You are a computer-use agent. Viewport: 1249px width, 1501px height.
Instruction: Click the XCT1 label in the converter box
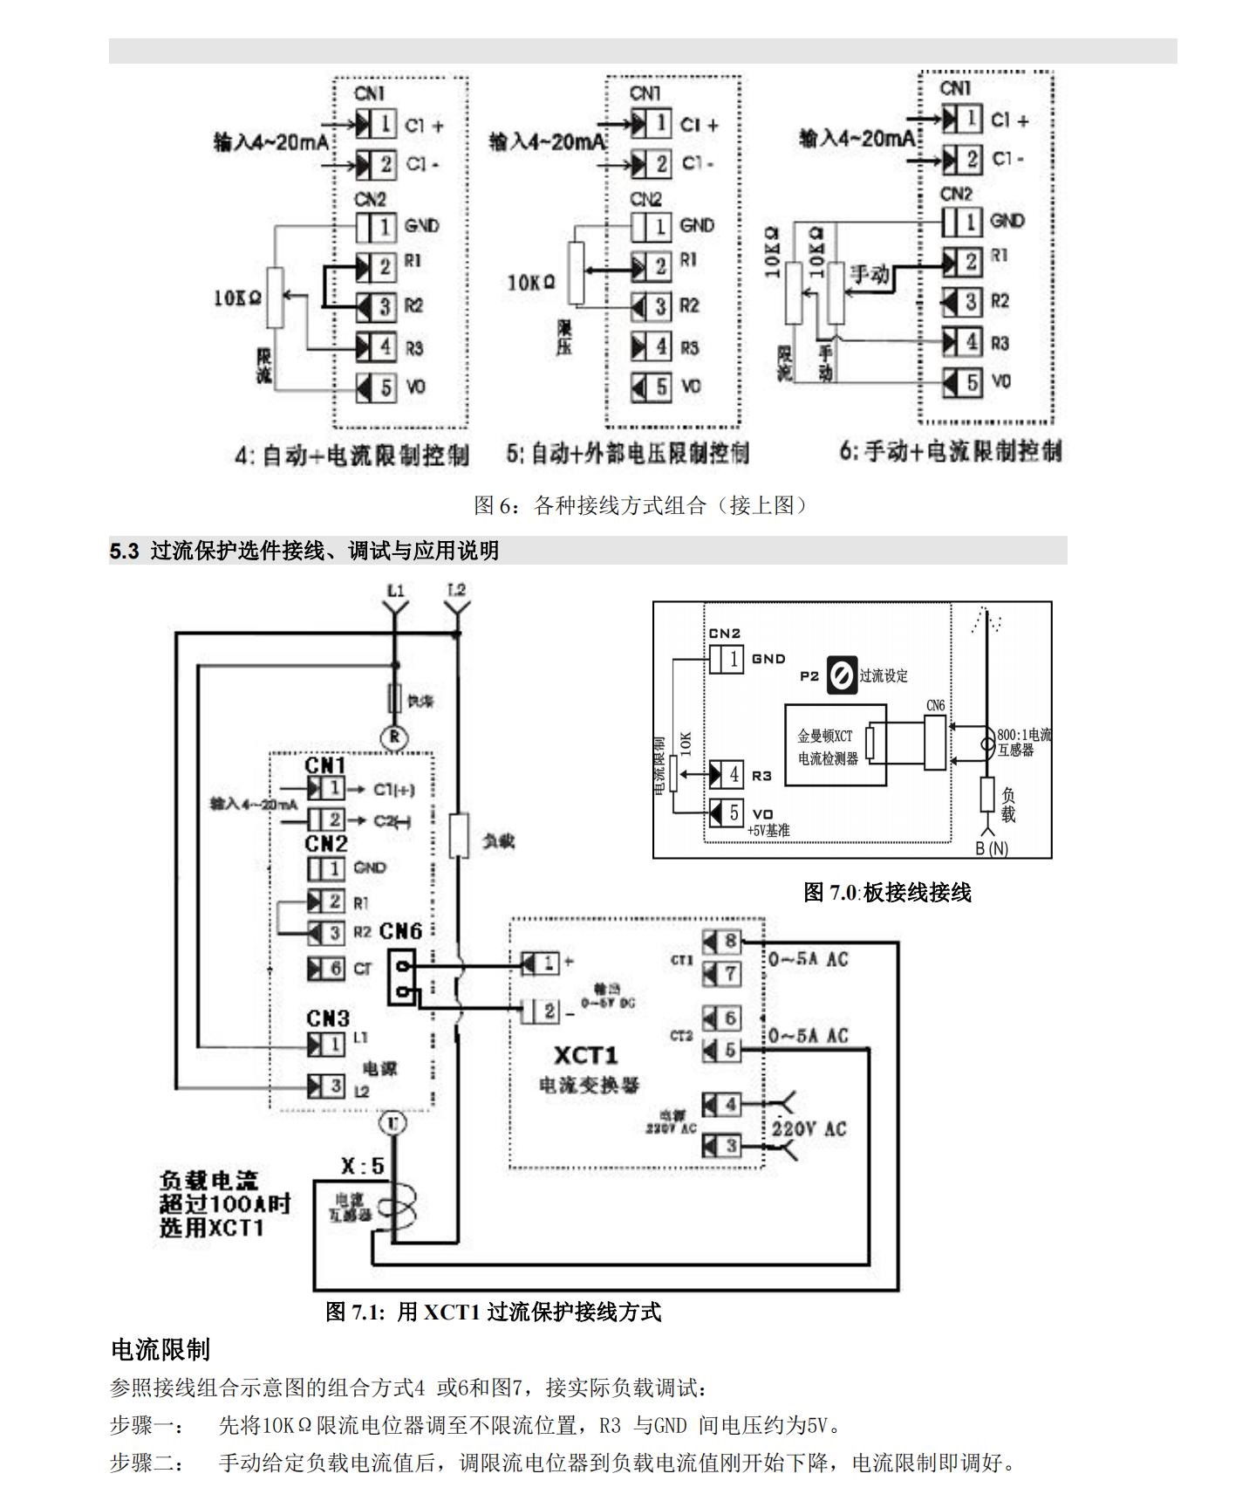click(x=585, y=1056)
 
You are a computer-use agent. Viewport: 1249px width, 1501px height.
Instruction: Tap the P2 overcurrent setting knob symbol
click(x=842, y=675)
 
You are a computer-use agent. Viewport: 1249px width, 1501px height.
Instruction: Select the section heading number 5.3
click(x=124, y=551)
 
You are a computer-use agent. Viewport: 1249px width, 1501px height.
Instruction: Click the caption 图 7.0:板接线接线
click(x=886, y=892)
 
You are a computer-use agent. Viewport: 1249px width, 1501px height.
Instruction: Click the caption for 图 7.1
click(x=493, y=1311)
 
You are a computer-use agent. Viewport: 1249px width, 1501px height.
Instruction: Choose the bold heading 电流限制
click(x=160, y=1349)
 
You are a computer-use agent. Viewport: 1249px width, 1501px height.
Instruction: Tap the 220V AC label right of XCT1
click(x=809, y=1128)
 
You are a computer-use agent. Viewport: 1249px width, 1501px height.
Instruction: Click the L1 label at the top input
click(x=396, y=591)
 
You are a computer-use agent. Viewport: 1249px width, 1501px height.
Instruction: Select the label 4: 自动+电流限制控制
click(x=351, y=455)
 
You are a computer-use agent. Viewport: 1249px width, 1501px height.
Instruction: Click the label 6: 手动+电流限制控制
click(x=951, y=451)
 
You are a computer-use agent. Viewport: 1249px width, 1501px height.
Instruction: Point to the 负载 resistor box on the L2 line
click(x=459, y=835)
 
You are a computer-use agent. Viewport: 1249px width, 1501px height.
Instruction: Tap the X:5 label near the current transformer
click(x=362, y=1166)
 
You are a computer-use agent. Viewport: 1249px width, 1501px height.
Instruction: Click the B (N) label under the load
click(x=992, y=848)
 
